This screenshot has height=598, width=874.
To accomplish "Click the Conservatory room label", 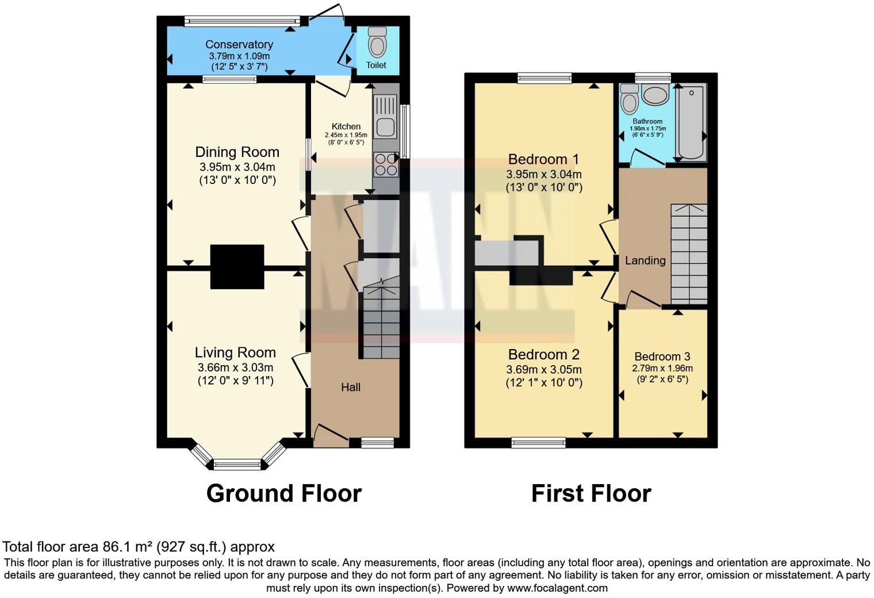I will click(239, 44).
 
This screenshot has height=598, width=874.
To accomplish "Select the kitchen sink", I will click(385, 116).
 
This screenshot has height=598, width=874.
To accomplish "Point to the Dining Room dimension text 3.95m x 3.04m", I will click(237, 167).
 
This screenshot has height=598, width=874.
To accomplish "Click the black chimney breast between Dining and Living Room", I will click(237, 267).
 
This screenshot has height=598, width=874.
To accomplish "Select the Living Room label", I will click(235, 352).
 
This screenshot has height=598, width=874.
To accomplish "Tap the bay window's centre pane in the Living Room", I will click(237, 464).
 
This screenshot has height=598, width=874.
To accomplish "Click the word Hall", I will click(351, 387).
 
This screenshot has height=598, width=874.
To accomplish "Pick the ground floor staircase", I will click(381, 319).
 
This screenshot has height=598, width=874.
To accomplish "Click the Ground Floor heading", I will click(283, 493).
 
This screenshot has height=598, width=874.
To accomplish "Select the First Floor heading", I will click(591, 493).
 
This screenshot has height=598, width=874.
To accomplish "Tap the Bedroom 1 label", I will click(543, 159).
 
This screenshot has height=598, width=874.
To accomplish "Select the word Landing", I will click(645, 260).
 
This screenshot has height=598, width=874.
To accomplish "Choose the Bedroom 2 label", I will click(543, 354).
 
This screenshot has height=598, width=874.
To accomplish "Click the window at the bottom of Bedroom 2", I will click(538, 442).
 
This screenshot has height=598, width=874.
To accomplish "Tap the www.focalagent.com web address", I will click(557, 588).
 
